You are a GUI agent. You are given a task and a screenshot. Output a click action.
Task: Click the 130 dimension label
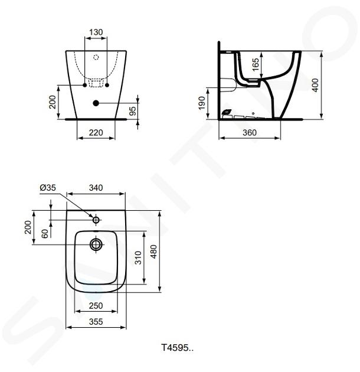[x=96, y=32]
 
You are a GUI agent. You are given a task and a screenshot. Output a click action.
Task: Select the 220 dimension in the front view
[x=96, y=132]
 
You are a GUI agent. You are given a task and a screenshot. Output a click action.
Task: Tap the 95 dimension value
[x=133, y=111]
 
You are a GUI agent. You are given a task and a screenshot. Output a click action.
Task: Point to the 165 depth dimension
[x=256, y=64]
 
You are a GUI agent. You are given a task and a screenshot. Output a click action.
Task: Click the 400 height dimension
[x=315, y=85]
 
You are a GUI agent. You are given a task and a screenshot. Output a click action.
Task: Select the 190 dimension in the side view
[x=202, y=103]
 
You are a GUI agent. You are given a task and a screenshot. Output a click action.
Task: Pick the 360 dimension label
[x=250, y=132]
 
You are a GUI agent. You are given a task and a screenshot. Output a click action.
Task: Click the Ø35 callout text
[x=48, y=188]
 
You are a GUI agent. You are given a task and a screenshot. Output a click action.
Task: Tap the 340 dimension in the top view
[x=96, y=188]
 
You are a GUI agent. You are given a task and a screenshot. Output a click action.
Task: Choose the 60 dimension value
[x=45, y=233]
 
